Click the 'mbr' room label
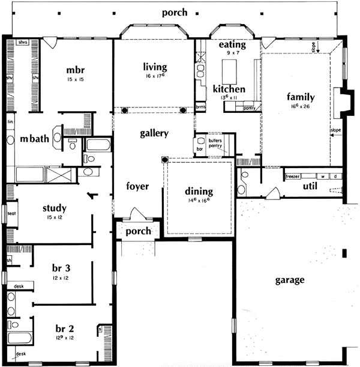[x=77, y=70]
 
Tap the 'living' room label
[x=155, y=67]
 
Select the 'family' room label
[x=301, y=97]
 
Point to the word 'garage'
[x=290, y=280]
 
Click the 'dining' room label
[x=198, y=192]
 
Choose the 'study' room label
[x=55, y=208]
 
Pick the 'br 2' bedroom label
[x=65, y=329]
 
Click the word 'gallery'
[x=154, y=133]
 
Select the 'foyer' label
[x=137, y=186]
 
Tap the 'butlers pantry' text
[x=215, y=143]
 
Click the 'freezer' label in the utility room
[x=292, y=177]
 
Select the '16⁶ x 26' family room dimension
[x=301, y=106]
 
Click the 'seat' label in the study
[x=11, y=214]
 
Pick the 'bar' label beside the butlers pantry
[x=199, y=148]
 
